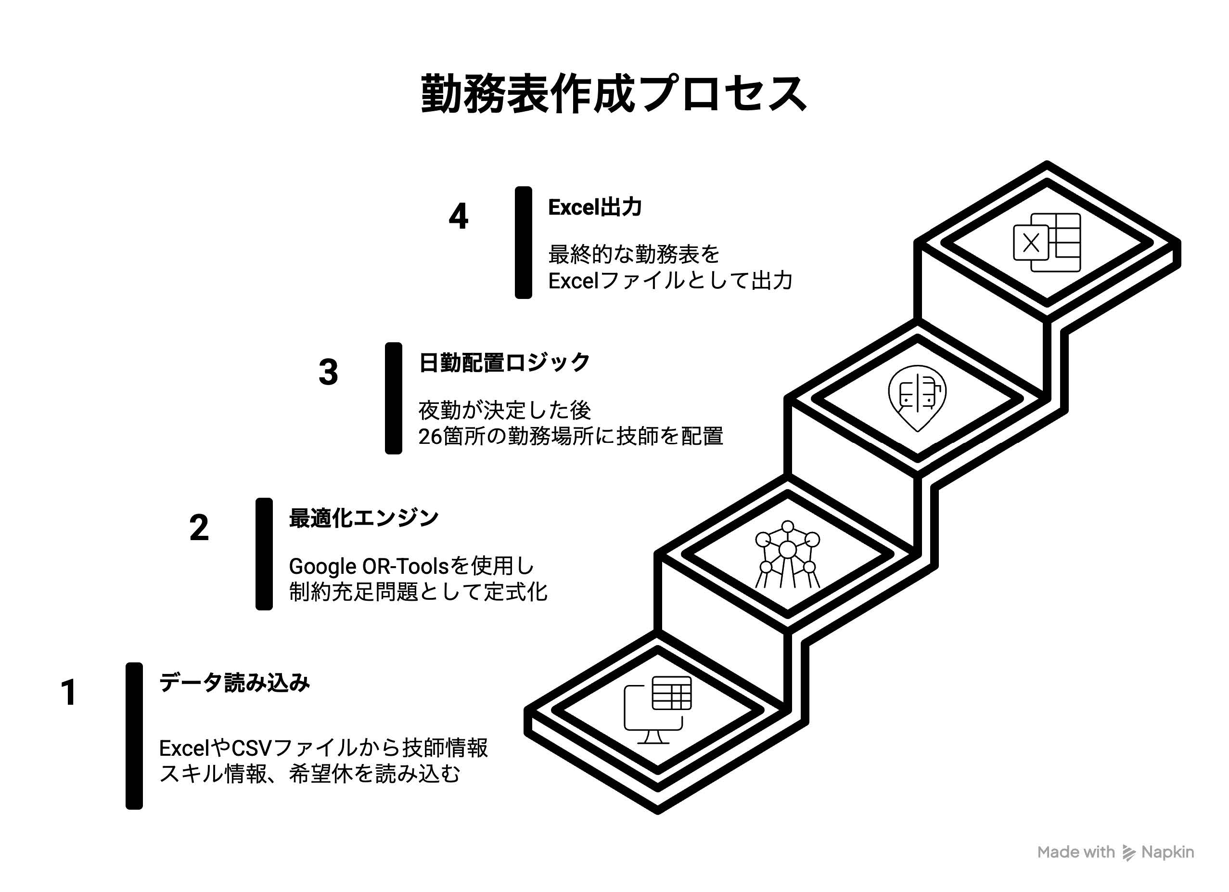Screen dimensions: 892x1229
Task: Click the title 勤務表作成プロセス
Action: point(614,95)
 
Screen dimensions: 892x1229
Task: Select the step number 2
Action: point(199,528)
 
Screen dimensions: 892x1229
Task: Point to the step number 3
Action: point(328,372)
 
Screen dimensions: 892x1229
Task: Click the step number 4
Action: point(459,216)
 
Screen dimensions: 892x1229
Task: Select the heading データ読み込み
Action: point(234,682)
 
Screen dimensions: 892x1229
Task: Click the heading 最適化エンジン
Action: point(364,518)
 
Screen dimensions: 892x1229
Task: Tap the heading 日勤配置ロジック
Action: point(504,362)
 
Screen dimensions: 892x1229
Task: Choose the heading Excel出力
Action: point(595,207)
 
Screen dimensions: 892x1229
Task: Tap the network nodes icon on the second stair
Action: point(787,554)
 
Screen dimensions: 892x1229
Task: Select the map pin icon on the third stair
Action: point(917,398)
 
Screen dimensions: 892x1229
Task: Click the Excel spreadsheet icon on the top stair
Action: point(1047,243)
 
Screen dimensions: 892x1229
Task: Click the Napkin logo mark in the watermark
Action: point(1129,853)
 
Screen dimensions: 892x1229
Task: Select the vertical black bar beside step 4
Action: point(524,243)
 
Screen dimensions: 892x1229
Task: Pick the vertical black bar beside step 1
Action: point(134,736)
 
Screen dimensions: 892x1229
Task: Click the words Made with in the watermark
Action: point(1075,853)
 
